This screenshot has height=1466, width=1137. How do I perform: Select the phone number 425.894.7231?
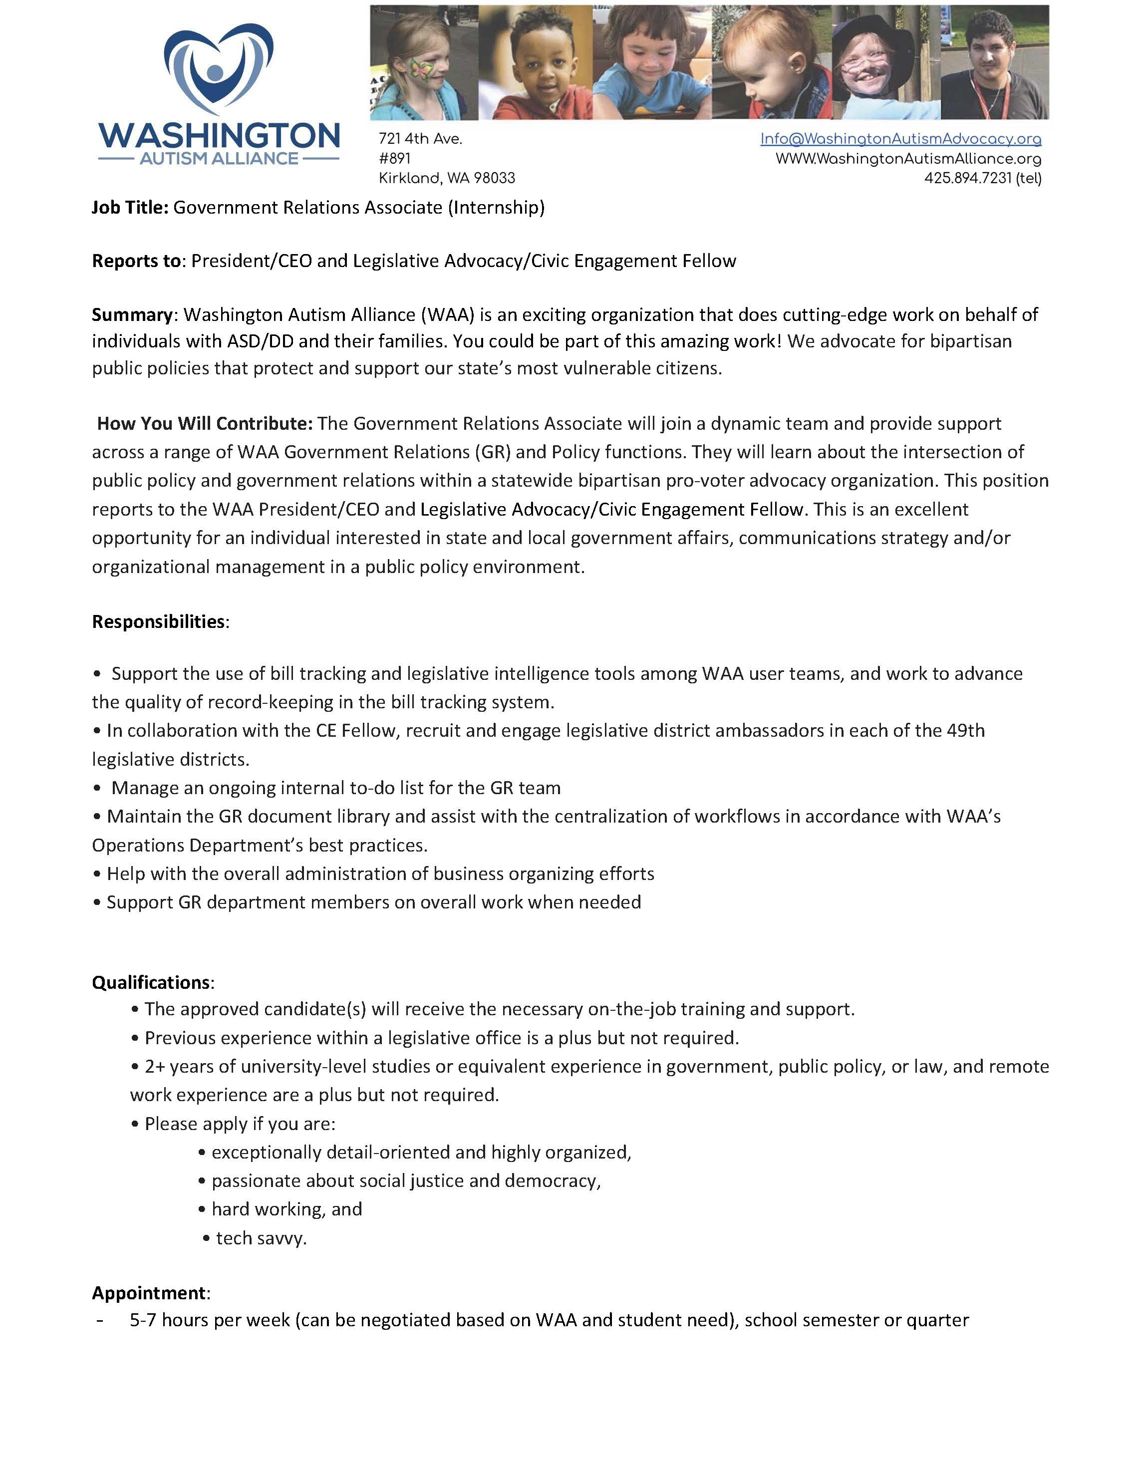click(967, 179)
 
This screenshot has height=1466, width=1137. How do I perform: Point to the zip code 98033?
click(494, 179)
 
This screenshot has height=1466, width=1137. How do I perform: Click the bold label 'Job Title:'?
click(130, 208)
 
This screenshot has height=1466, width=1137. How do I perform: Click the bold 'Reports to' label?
click(136, 261)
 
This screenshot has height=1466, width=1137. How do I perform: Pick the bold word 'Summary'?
click(132, 315)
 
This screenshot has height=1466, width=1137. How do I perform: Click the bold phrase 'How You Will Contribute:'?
click(205, 424)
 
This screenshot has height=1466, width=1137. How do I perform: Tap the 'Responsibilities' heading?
click(158, 621)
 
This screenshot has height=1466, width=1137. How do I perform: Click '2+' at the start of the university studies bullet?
click(155, 1067)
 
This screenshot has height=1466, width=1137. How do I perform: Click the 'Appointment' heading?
click(149, 1293)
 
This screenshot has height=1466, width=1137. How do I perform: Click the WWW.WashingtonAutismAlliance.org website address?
click(908, 159)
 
